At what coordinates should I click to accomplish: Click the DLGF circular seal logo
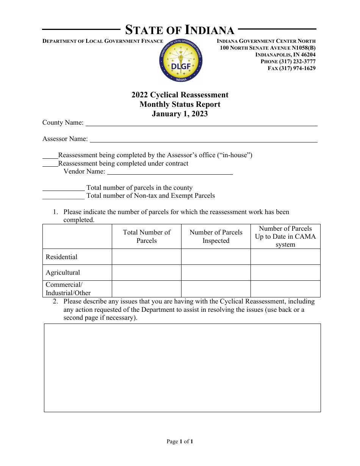point(181,61)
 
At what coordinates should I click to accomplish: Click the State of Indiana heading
point(180,30)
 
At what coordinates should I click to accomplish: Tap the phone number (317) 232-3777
point(288,61)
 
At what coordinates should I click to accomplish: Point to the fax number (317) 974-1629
point(291,68)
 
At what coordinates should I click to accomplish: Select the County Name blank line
point(201,123)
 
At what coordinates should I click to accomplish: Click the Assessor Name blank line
point(203,139)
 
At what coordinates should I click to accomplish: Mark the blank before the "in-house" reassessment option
point(50,155)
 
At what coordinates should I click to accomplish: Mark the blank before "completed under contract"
point(50,164)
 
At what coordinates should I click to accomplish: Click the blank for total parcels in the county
point(63,188)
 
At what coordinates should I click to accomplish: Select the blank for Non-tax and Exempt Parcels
point(63,196)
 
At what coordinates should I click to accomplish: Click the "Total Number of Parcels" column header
point(147,236)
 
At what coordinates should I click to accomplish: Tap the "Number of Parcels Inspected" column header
point(216,236)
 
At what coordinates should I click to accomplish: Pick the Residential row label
point(61,257)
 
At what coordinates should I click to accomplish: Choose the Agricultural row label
point(63,272)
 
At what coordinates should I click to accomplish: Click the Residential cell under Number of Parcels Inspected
point(216,257)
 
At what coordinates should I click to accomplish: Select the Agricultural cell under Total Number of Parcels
point(147,272)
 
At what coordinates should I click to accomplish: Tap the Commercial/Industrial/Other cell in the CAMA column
point(285,289)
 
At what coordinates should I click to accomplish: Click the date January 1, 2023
point(180,114)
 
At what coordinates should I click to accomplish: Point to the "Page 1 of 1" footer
point(180,441)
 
